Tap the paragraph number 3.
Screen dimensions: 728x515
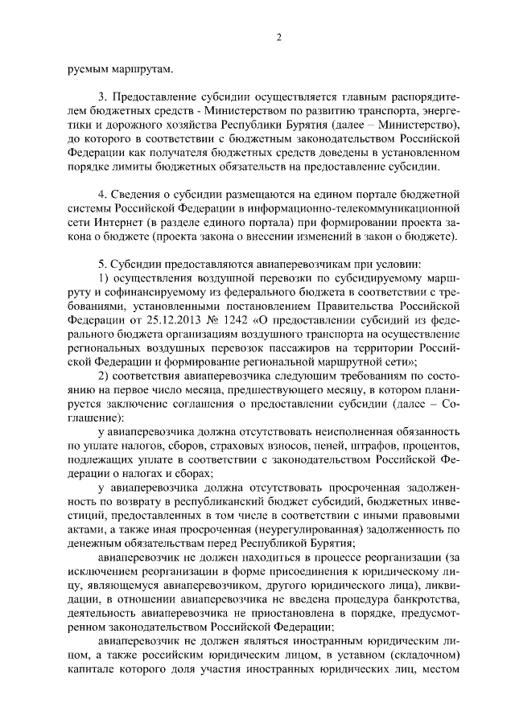click(101, 97)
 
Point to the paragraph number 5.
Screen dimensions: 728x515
click(101, 263)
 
